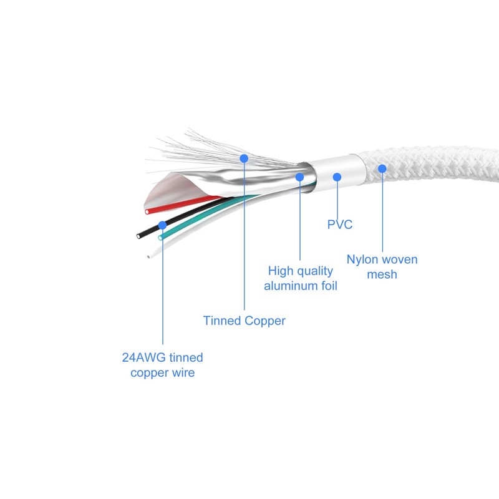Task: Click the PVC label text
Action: point(340,225)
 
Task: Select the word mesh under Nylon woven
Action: point(382,274)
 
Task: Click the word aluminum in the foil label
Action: point(290,286)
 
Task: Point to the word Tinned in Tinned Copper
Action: point(222,321)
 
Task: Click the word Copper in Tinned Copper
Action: point(265,321)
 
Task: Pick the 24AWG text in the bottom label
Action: point(144,357)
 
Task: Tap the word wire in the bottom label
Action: point(183,372)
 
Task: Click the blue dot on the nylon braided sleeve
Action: point(382,168)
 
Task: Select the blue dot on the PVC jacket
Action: point(337,177)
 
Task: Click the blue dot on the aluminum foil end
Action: point(299,177)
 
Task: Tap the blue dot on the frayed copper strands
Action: point(244,158)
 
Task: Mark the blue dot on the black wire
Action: point(162,225)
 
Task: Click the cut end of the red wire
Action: point(147,211)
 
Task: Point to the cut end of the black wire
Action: point(138,236)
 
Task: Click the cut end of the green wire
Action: point(160,238)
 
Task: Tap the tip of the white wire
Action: point(148,256)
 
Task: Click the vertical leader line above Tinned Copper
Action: point(244,236)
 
